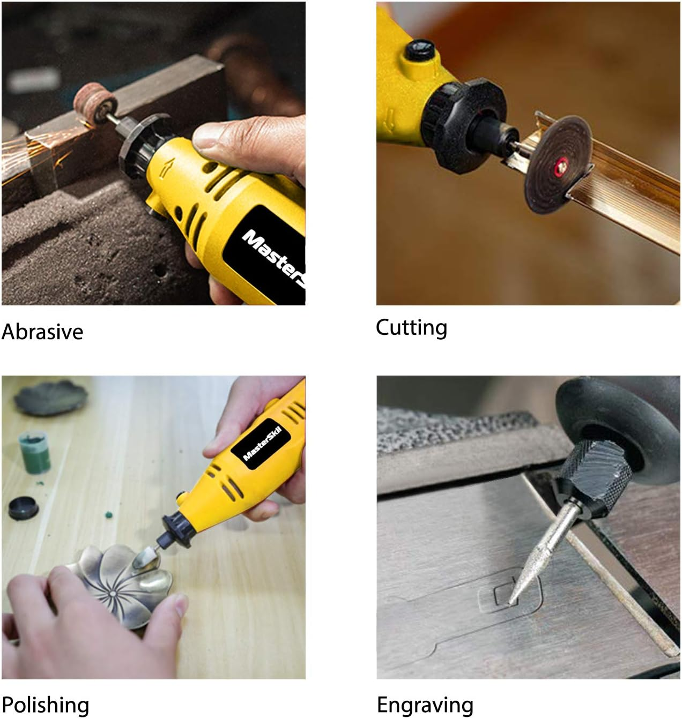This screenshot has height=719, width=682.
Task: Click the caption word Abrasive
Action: click(x=42, y=332)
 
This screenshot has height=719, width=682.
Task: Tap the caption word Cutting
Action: click(x=411, y=327)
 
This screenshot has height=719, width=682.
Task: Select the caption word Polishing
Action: click(x=45, y=705)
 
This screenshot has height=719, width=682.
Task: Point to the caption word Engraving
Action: click(x=425, y=705)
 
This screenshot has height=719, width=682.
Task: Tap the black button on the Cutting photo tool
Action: click(x=418, y=49)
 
